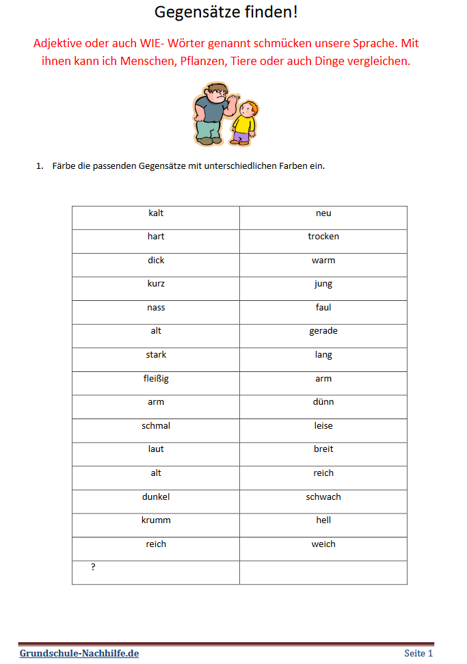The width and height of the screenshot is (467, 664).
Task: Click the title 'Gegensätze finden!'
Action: (226, 12)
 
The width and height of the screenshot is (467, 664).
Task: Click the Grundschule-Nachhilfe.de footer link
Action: (79, 653)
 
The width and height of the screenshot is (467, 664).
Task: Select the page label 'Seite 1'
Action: (418, 653)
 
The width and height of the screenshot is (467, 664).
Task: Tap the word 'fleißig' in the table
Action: (156, 379)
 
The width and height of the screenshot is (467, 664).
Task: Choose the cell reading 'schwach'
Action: (323, 497)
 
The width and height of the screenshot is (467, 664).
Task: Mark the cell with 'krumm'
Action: (156, 520)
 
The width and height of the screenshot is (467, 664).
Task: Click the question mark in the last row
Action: (93, 567)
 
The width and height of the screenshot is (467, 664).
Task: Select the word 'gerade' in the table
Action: (323, 331)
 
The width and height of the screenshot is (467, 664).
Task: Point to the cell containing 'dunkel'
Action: (156, 497)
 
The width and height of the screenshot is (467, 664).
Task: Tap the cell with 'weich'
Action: (323, 544)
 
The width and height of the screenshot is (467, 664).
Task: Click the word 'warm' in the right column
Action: (323, 261)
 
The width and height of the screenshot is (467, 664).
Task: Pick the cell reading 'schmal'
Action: (156, 426)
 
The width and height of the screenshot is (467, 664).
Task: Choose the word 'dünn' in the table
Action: (323, 402)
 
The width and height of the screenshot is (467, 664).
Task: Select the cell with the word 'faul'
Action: (323, 308)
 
